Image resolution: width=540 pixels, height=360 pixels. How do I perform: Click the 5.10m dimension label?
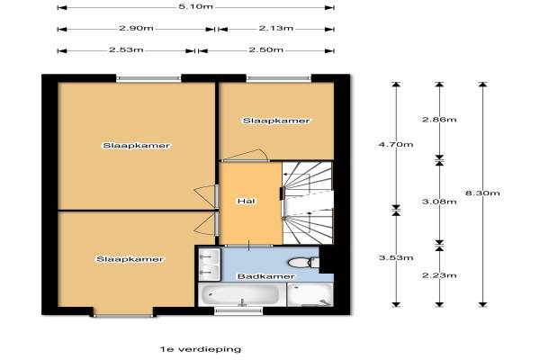tap(195, 6)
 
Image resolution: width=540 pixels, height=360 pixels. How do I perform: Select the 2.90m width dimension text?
tap(137, 28)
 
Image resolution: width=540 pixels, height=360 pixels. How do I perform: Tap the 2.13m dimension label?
tap(276, 28)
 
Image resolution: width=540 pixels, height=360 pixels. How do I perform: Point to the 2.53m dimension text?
tap(126, 49)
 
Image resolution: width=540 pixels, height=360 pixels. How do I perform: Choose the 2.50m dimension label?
tap(266, 50)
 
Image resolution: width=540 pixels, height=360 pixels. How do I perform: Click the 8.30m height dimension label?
tap(482, 193)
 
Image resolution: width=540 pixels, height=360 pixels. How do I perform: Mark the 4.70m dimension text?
tap(396, 145)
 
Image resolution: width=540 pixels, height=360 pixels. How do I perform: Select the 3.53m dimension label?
tap(396, 257)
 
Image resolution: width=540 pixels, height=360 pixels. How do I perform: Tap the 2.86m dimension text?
tap(439, 120)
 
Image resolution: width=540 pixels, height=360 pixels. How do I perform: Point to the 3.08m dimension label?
tap(439, 202)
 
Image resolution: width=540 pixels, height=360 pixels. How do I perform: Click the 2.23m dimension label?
tap(439, 275)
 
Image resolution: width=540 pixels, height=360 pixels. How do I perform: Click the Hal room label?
tap(247, 201)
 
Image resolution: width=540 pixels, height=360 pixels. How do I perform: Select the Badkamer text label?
tap(266, 276)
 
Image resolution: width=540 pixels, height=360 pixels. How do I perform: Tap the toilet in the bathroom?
tap(304, 263)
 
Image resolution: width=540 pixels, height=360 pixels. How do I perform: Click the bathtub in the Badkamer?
tap(242, 294)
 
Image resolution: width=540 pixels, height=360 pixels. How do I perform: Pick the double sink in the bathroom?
tap(210, 265)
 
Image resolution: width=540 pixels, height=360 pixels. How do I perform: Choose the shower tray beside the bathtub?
tap(310, 294)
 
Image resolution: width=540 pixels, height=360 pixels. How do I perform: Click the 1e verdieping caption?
tap(201, 349)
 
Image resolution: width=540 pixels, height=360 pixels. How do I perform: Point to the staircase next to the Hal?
tap(308, 203)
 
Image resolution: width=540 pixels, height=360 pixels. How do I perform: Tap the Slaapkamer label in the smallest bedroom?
tap(276, 121)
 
